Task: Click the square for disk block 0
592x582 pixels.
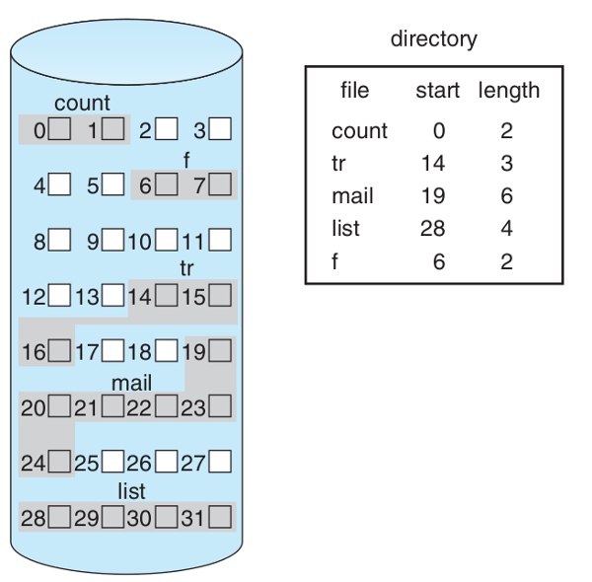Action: (x=60, y=128)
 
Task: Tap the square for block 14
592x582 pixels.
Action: (x=168, y=295)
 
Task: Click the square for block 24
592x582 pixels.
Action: (x=60, y=461)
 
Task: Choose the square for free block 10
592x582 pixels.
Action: (x=168, y=240)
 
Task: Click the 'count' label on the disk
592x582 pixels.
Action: (x=82, y=103)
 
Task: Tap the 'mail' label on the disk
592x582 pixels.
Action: (x=131, y=383)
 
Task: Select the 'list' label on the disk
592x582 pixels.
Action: (x=131, y=491)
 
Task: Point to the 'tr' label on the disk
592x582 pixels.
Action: (x=188, y=268)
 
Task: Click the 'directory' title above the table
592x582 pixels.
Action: (x=433, y=39)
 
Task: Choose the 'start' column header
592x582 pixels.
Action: (x=437, y=91)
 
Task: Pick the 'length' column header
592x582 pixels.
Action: (x=509, y=91)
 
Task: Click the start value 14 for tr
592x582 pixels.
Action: (x=433, y=163)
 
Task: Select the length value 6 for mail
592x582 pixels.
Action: (x=506, y=195)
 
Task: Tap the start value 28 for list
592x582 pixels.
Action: (x=433, y=228)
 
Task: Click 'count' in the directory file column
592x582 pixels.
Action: (x=359, y=131)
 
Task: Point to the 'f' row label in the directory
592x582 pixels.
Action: (x=335, y=260)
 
